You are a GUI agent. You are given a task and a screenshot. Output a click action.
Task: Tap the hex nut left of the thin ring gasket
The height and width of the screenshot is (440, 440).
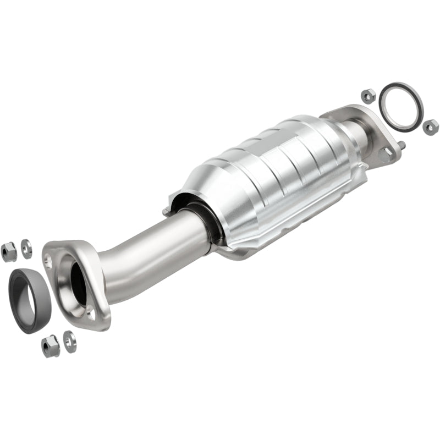pyautogui.click(x=368, y=95)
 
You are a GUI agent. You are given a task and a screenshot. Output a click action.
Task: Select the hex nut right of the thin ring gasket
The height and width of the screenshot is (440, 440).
pyautogui.click(x=431, y=127)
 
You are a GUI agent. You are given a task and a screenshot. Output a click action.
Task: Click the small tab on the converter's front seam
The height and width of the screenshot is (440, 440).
pyautogui.click(x=166, y=211)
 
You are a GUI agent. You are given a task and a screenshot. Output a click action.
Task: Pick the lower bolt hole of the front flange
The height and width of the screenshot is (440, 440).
pyautogui.click(x=90, y=314)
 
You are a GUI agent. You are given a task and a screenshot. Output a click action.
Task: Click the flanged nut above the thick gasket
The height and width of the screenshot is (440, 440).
pyautogui.click(x=9, y=251)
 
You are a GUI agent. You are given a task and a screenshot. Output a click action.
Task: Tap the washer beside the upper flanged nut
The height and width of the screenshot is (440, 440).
pyautogui.click(x=26, y=248)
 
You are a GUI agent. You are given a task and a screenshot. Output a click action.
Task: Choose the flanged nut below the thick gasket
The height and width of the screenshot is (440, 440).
pyautogui.click(x=51, y=346)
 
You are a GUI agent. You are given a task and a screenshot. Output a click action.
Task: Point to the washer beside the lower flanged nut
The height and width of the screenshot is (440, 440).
pyautogui.click(x=69, y=341)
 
